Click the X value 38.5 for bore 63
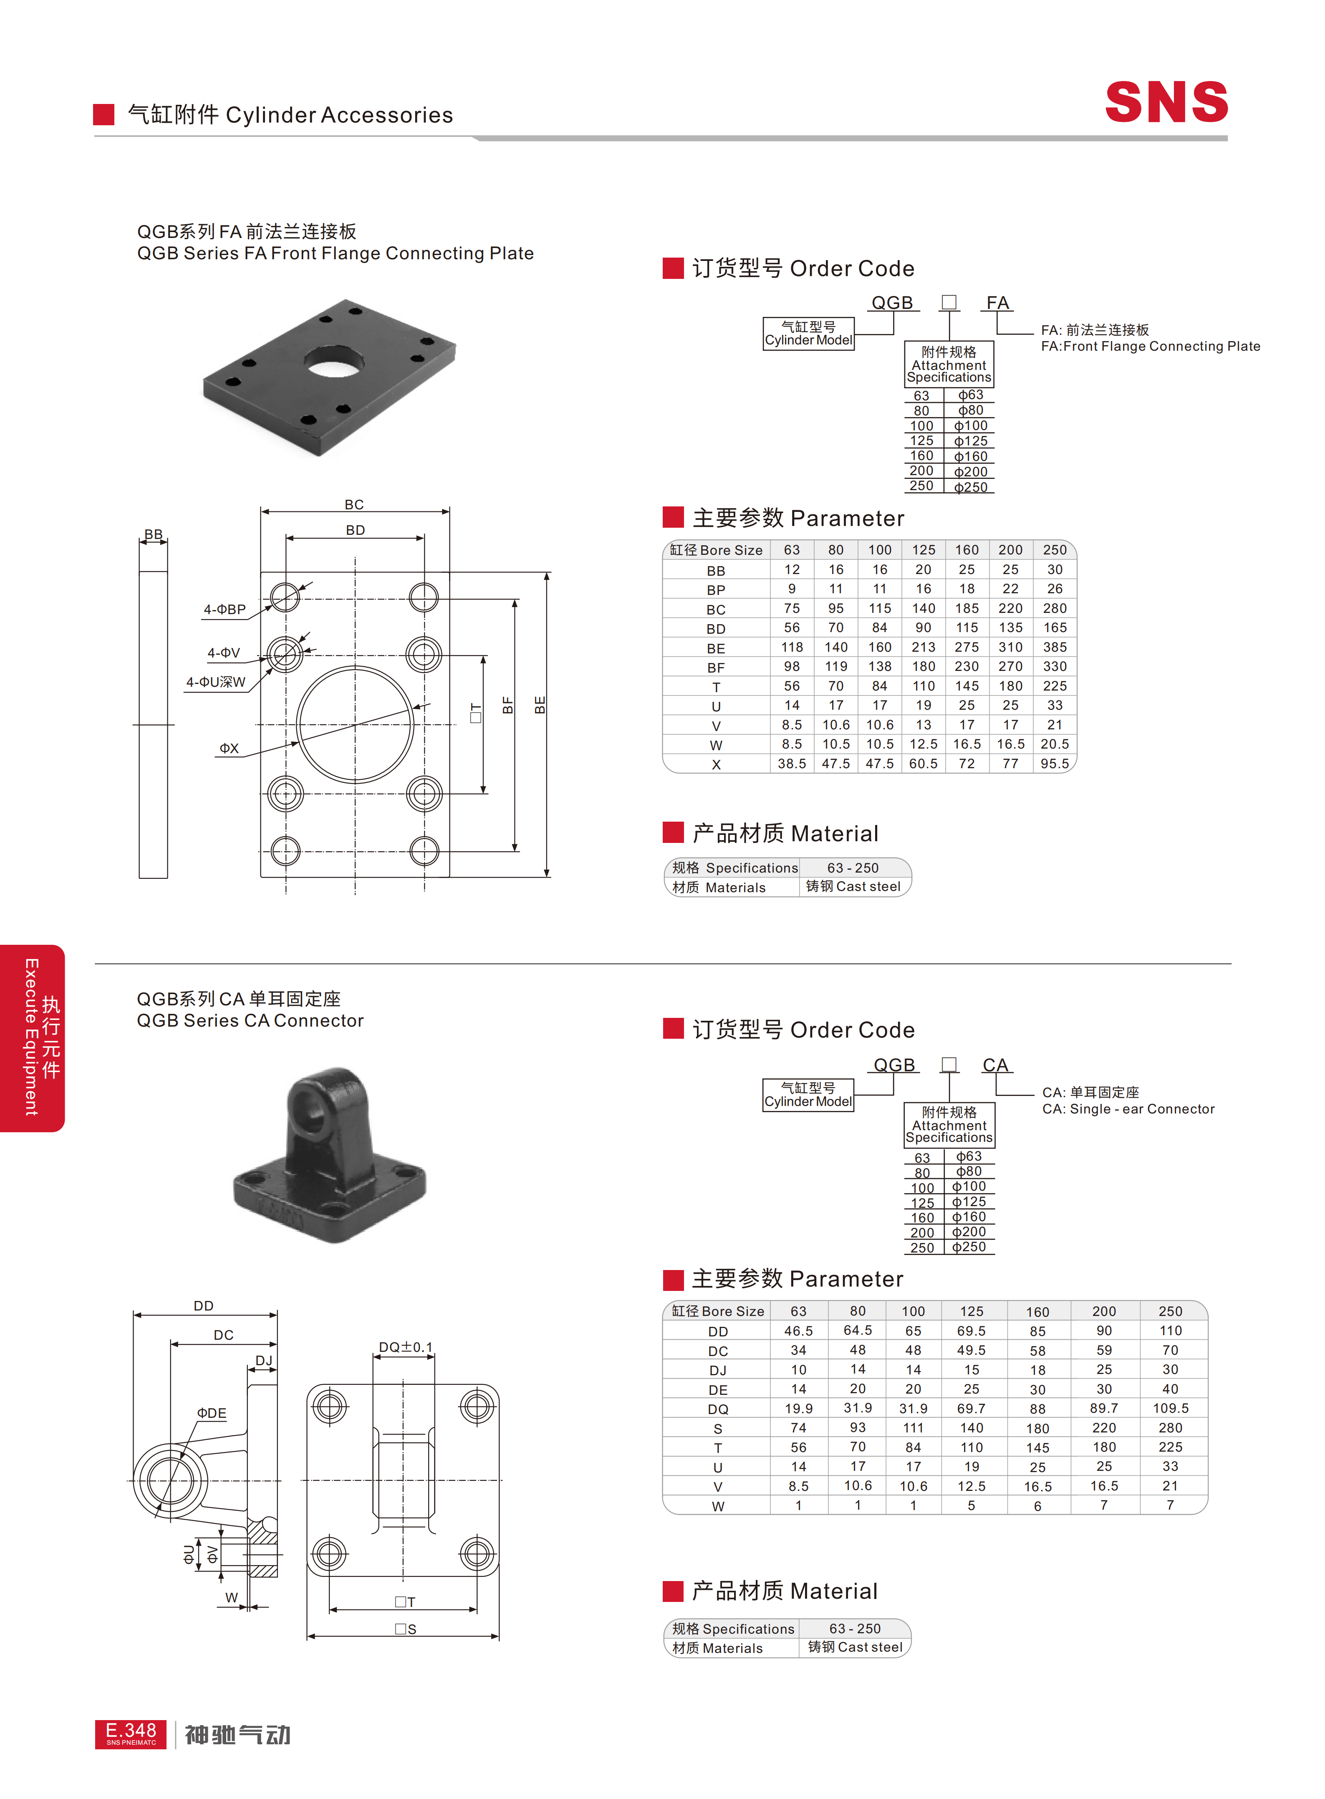click(x=792, y=764)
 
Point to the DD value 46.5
click(x=798, y=1331)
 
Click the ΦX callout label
click(x=230, y=748)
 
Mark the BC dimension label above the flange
click(x=354, y=505)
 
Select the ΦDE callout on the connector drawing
click(x=212, y=1413)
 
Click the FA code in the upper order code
click(x=997, y=303)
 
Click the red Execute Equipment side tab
click(x=32, y=1037)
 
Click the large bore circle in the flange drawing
click(x=355, y=725)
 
